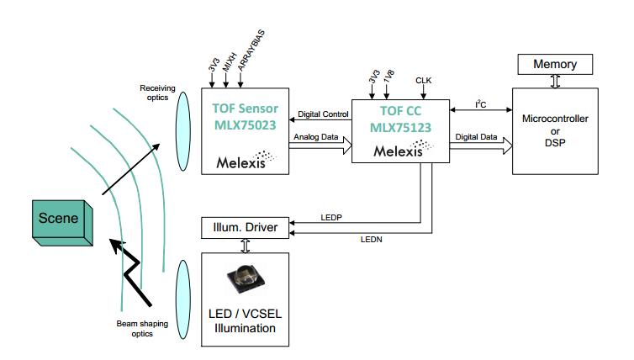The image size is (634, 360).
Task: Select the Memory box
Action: point(555,63)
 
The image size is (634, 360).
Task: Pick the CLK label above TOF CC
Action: point(424,81)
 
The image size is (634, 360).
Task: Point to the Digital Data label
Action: point(477,135)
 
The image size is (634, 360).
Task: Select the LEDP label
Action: point(332,217)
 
